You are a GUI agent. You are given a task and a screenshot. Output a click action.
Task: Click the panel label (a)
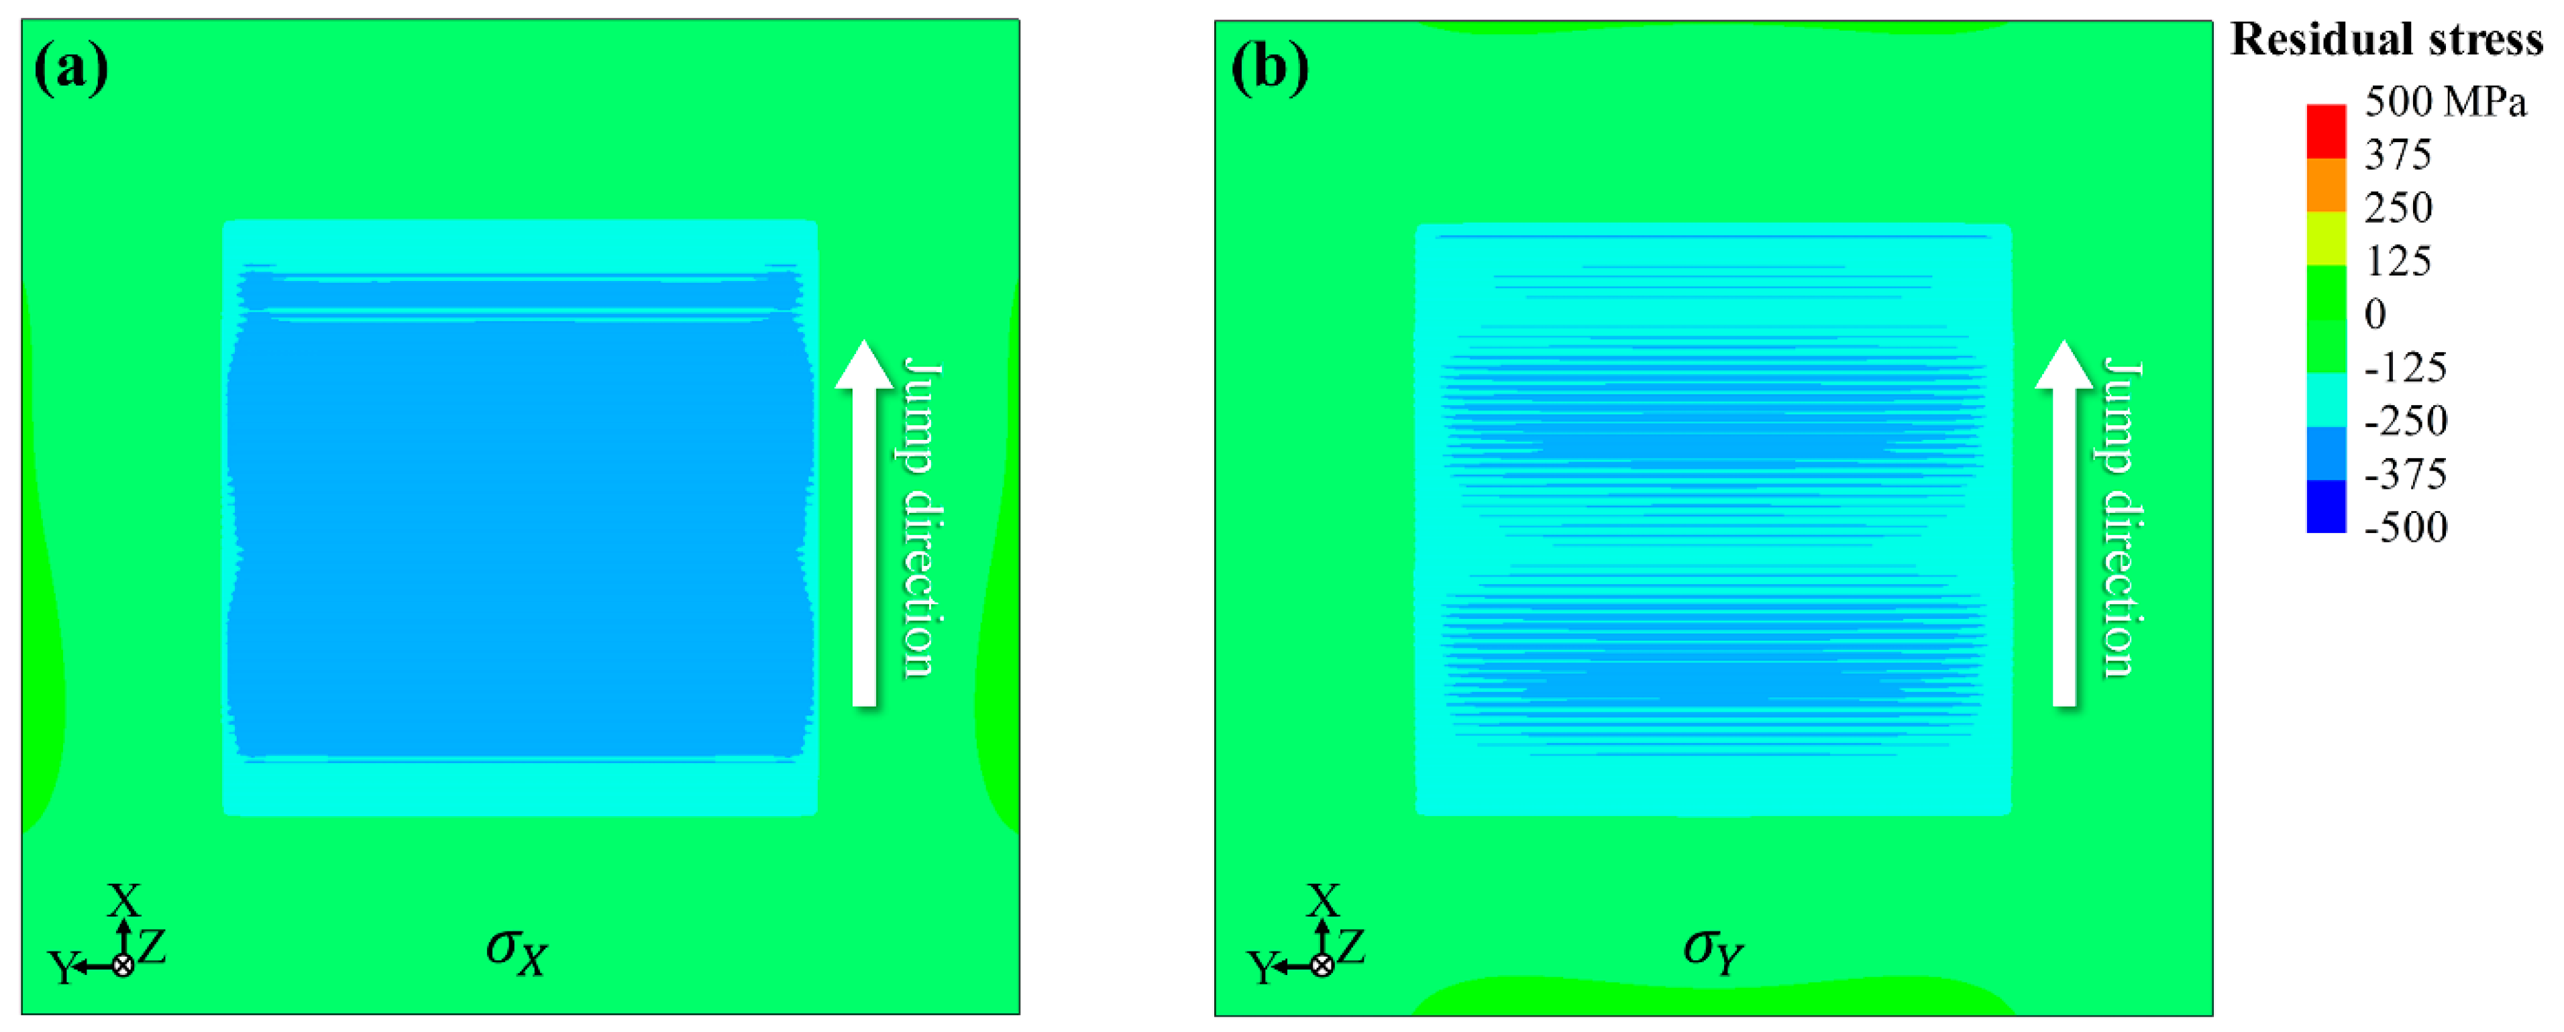tap(70, 68)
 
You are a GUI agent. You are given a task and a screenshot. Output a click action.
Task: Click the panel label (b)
tap(1269, 68)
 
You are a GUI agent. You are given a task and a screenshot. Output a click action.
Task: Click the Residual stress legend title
tap(2386, 40)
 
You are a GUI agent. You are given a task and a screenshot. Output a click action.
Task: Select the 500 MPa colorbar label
tap(2445, 101)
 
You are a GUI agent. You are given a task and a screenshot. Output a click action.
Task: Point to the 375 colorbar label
tap(2398, 154)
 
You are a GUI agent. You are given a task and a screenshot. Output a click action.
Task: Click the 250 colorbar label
tap(2398, 208)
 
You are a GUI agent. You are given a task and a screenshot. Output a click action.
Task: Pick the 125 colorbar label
tap(2398, 261)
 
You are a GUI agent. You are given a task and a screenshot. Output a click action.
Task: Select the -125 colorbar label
tap(2405, 368)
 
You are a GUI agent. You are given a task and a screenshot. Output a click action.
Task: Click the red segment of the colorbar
tap(2326, 131)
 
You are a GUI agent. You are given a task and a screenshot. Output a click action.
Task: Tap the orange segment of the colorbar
tap(2326, 185)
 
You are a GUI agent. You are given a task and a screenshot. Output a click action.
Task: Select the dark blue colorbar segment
tap(2326, 506)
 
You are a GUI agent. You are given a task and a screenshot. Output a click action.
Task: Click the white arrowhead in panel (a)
tap(864, 364)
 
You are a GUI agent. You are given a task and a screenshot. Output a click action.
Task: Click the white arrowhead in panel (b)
tap(2064, 364)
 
